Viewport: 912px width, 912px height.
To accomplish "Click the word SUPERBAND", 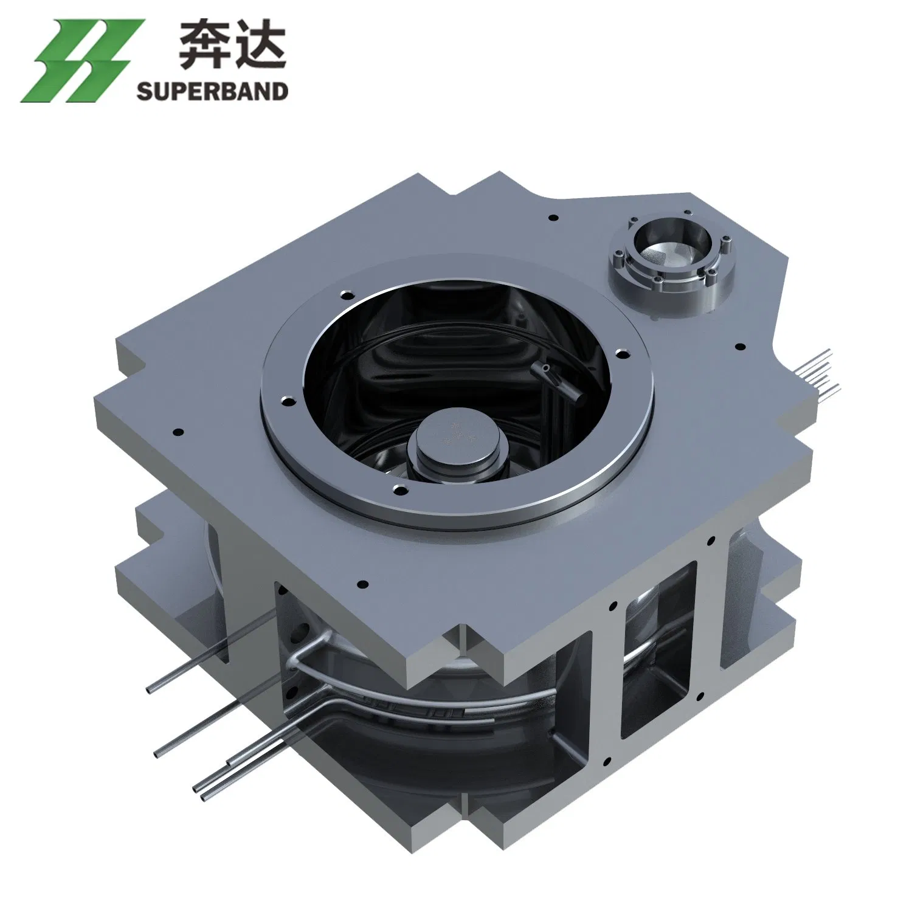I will [x=212, y=91].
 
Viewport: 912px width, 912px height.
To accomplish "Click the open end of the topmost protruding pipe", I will [x=151, y=690].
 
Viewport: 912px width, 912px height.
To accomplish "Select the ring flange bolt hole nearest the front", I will [x=399, y=488].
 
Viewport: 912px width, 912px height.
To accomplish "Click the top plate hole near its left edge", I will [x=178, y=433].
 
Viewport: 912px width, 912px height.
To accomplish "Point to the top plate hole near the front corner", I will [x=363, y=585].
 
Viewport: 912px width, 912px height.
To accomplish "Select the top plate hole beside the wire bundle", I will [x=740, y=347].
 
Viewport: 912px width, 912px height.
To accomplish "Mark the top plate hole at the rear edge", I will [x=553, y=217].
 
